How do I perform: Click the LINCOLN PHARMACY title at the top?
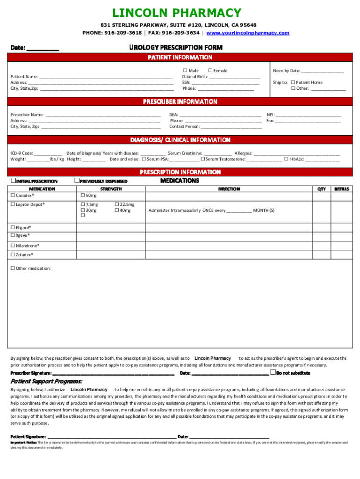pos(180,13)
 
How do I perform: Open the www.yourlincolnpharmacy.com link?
pos(248,33)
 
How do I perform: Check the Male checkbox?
pos(185,71)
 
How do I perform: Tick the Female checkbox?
pos(210,71)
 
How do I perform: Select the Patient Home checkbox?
pos(293,82)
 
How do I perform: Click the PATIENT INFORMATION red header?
pos(180,58)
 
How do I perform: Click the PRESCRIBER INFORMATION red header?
pos(180,102)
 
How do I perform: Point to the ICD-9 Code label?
pos(22,153)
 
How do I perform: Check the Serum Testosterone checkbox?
pos(203,159)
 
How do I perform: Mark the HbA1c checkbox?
pos(286,159)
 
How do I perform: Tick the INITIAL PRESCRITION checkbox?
pos(13,181)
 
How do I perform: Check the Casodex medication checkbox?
pos(13,195)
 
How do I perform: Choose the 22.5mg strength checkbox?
pos(116,204)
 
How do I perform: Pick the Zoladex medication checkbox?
pos(13,255)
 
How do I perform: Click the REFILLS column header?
pos(341,189)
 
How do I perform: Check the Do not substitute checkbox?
pos(273,373)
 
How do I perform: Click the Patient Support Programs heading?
pos(46,381)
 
